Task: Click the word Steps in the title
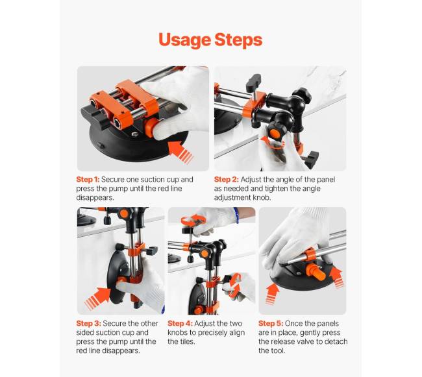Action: click(x=238, y=40)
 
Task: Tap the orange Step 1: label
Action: click(x=88, y=179)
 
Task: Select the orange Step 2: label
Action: click(x=227, y=179)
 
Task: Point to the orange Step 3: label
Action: click(x=88, y=323)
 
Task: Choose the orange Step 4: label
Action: click(x=180, y=323)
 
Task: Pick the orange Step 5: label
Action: click(x=271, y=323)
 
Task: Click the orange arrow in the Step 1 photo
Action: click(x=180, y=152)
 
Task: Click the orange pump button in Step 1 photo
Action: click(x=150, y=127)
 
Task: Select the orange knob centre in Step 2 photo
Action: click(x=274, y=133)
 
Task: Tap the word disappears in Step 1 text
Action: click(x=95, y=198)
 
